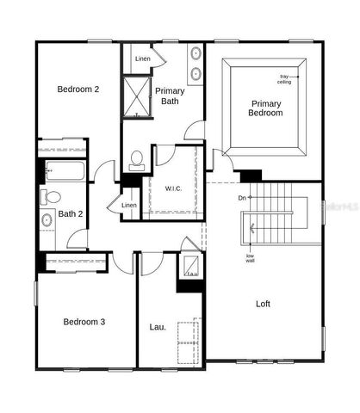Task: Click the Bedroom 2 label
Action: [78, 89]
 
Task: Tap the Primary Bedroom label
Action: [265, 108]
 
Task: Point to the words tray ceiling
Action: [285, 79]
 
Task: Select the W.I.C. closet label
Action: [172, 188]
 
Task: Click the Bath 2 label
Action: [70, 214]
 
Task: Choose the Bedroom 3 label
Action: [84, 322]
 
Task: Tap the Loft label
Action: [263, 304]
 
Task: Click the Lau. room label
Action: [158, 326]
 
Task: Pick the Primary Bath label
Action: [170, 96]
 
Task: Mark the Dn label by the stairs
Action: [242, 198]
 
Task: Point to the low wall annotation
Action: [250, 257]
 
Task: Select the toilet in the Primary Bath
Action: [136, 159]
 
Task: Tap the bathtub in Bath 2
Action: [63, 170]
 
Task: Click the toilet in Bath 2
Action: [50, 196]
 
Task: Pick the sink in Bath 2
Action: [47, 220]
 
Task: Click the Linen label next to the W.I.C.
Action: [128, 205]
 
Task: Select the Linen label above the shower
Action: [143, 58]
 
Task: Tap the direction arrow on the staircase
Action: [251, 228]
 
